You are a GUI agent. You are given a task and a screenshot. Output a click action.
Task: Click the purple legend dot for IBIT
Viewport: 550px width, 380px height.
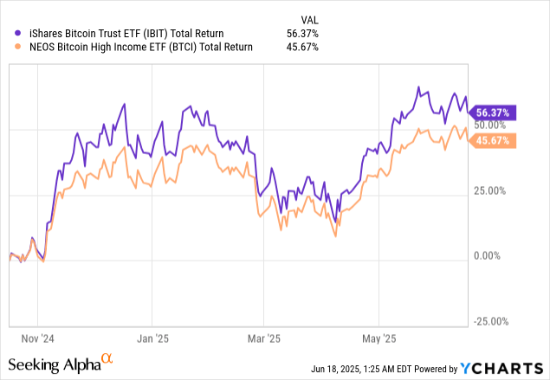(11, 34)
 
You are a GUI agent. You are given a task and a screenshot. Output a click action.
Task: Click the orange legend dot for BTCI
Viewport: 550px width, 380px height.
(11, 47)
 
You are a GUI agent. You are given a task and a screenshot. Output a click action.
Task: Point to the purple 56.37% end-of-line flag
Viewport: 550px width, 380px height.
(494, 112)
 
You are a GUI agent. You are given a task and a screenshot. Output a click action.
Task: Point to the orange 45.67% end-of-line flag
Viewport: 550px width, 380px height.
(494, 140)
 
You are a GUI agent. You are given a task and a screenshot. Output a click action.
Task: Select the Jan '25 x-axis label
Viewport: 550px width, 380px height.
(152, 338)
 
